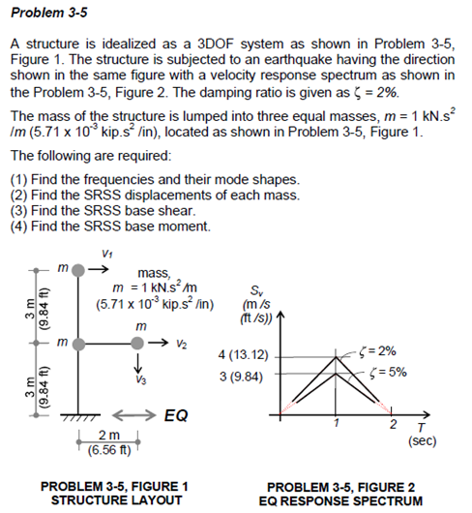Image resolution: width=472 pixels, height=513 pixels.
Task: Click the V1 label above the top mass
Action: click(105, 253)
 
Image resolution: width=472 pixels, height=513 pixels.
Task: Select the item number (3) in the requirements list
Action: click(19, 211)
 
